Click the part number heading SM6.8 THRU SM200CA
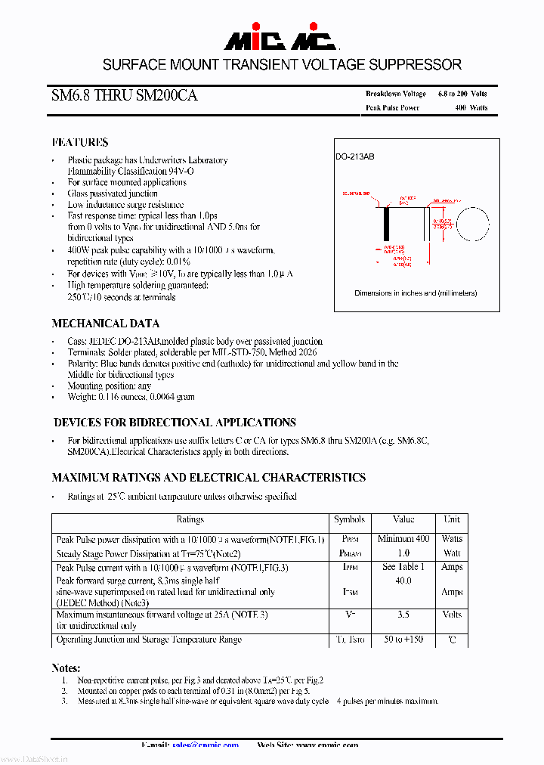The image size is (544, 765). pyautogui.click(x=125, y=96)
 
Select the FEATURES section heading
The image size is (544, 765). pyautogui.click(x=80, y=142)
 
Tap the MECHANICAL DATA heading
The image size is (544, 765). pyautogui.click(x=106, y=323)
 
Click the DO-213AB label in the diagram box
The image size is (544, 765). pyautogui.click(x=355, y=156)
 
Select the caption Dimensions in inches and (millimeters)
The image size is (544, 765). pyautogui.click(x=416, y=293)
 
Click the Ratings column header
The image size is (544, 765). pyautogui.click(x=190, y=520)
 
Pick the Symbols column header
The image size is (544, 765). pyautogui.click(x=349, y=520)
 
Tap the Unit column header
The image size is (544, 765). pyautogui.click(x=452, y=520)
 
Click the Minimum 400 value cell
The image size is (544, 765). pyautogui.click(x=403, y=539)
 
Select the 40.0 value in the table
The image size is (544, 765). pyautogui.click(x=403, y=581)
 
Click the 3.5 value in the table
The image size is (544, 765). pyautogui.click(x=403, y=615)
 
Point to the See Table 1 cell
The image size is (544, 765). pyautogui.click(x=403, y=567)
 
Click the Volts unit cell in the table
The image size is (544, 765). pyautogui.click(x=452, y=615)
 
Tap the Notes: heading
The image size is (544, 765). pyautogui.click(x=66, y=668)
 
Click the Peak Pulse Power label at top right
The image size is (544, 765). pyautogui.click(x=392, y=108)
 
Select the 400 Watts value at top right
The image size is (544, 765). pyautogui.click(x=471, y=108)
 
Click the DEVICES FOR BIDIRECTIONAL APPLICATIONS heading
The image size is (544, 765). pyautogui.click(x=175, y=423)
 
